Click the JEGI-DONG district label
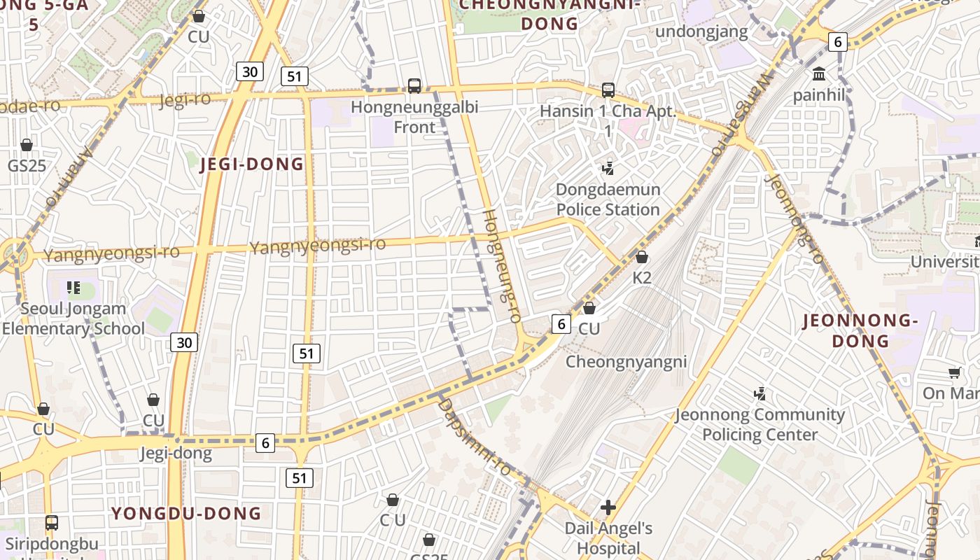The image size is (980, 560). [x=252, y=164]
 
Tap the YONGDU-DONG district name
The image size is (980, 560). [x=186, y=514]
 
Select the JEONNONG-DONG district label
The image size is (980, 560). [x=859, y=331]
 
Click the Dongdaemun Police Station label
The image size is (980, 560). [x=608, y=199]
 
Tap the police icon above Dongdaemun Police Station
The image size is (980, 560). [x=608, y=168]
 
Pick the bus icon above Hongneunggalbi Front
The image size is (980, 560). [x=414, y=86]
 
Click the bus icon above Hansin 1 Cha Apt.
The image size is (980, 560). [x=608, y=90]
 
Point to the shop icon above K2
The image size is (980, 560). [x=642, y=257]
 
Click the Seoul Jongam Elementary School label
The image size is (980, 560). [x=73, y=318]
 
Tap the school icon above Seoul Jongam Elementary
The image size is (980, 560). [x=73, y=288]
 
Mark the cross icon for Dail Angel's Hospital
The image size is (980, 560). [x=608, y=507]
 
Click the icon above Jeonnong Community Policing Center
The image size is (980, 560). [x=759, y=394]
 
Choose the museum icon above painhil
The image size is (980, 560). [x=819, y=73]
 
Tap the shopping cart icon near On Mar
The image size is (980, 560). [x=955, y=372]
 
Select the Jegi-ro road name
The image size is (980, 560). [x=185, y=100]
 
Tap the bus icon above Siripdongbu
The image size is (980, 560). [x=51, y=522]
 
